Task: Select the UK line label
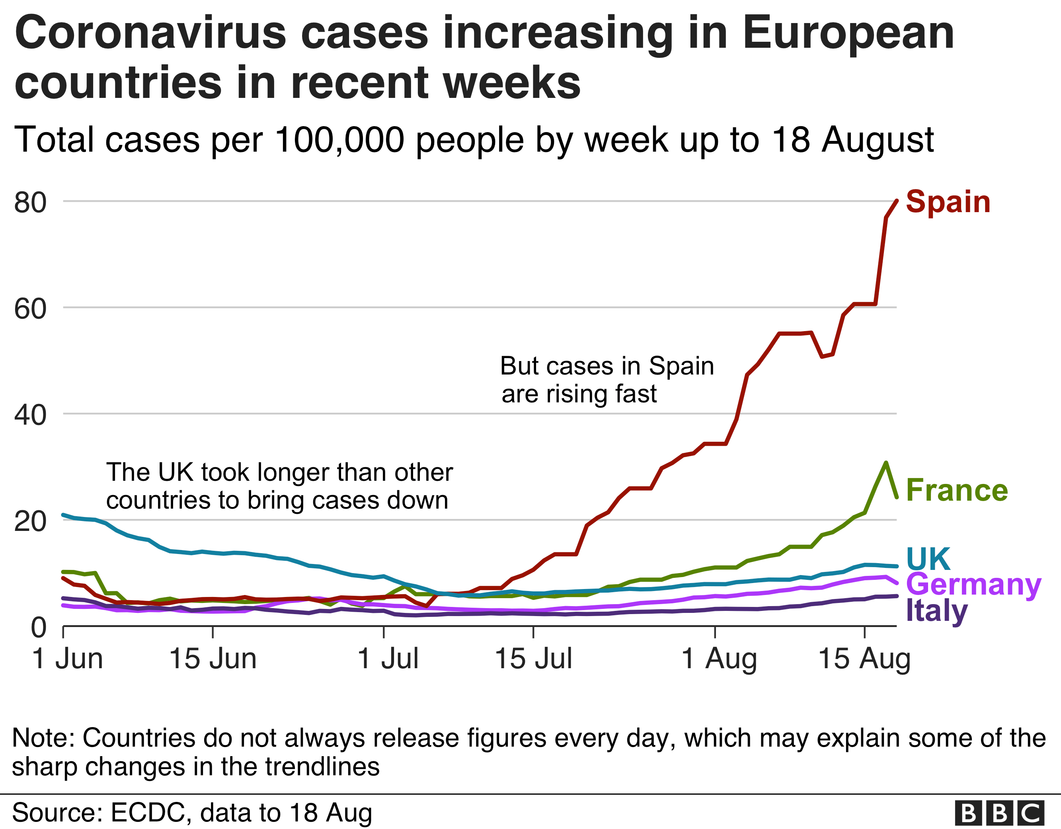(x=928, y=559)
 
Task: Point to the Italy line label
(x=937, y=611)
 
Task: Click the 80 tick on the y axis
(x=30, y=202)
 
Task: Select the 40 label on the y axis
(x=30, y=415)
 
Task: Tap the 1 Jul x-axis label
(x=388, y=659)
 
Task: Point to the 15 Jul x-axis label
(x=533, y=659)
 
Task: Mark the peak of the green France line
(x=886, y=462)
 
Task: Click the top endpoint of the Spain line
(x=896, y=201)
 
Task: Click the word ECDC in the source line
(x=148, y=812)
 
